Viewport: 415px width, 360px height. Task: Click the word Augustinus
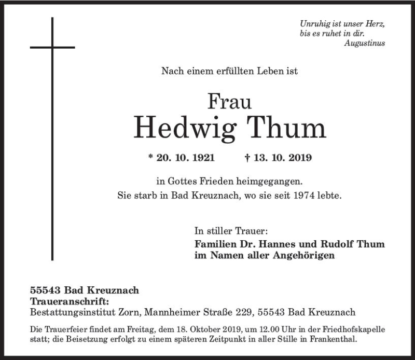pyautogui.click(x=364, y=44)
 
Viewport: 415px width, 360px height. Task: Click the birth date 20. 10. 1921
pyautogui.click(x=185, y=157)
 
